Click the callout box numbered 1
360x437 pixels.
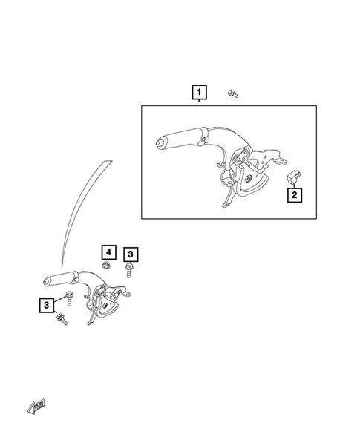(x=200, y=93)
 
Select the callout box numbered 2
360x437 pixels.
(x=294, y=195)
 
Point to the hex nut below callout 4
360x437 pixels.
(x=107, y=264)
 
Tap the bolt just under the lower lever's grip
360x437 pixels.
(x=69, y=300)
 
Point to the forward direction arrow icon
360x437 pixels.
(x=35, y=404)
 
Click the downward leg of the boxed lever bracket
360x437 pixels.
(x=225, y=200)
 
